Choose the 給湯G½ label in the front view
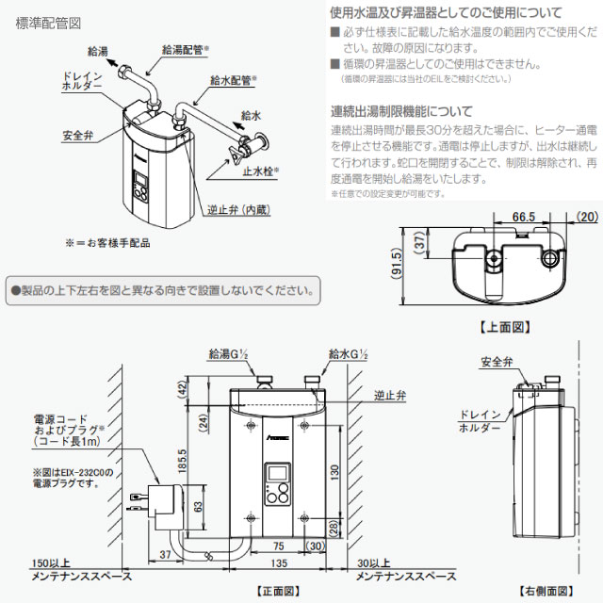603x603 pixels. tap(227, 355)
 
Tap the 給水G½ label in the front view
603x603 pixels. tap(348, 354)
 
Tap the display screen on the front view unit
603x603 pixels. tap(277, 473)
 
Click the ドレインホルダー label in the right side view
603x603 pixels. tap(479, 421)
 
